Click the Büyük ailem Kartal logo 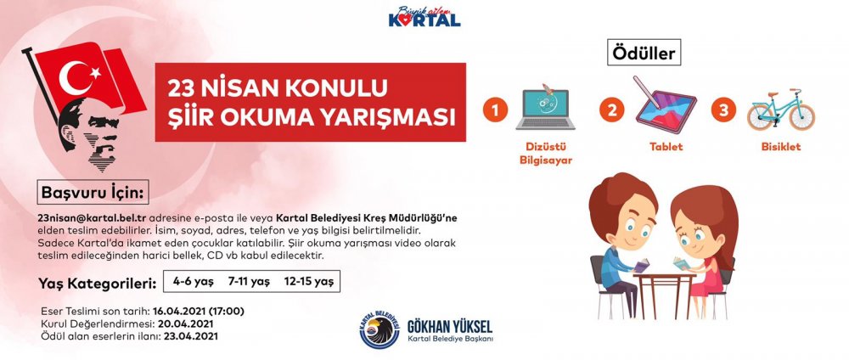pyautogui.click(x=424, y=16)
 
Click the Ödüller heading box pyautogui.click(x=644, y=53)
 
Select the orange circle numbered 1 pyautogui.click(x=496, y=110)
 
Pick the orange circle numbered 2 pyautogui.click(x=612, y=110)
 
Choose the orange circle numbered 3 pyautogui.click(x=723, y=110)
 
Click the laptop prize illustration pyautogui.click(x=545, y=109)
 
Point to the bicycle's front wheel pyautogui.click(x=801, y=117)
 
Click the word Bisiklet pyautogui.click(x=781, y=147)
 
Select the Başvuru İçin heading pyautogui.click(x=93, y=192)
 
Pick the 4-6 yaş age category pyautogui.click(x=194, y=282)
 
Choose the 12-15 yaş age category pyautogui.click(x=309, y=282)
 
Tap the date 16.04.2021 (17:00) pyautogui.click(x=198, y=312)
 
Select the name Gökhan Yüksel pyautogui.click(x=450, y=326)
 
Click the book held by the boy pyautogui.click(x=641, y=265)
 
